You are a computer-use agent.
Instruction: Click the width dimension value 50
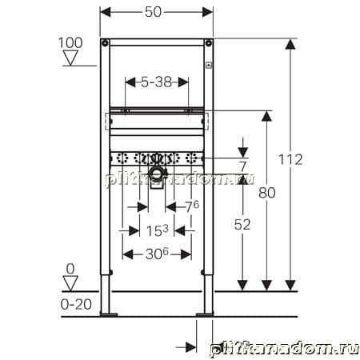point(153,12)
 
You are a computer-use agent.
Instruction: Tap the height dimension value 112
point(290,159)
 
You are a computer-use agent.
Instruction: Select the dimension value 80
point(267,193)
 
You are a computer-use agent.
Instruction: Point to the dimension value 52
point(242,225)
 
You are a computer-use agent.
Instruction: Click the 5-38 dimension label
point(157,82)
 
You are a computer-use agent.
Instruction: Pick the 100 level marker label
point(70,43)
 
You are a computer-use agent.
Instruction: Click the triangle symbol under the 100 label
point(70,58)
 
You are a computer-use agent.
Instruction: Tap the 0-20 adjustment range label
point(76,304)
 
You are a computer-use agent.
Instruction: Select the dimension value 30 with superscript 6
point(157,254)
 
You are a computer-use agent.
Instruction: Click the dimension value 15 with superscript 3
point(158,230)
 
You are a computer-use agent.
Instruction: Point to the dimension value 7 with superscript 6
point(192,206)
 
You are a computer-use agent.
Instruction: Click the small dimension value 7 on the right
point(242,167)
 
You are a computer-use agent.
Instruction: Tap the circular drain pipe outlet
point(156,174)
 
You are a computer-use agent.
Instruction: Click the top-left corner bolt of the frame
point(105,42)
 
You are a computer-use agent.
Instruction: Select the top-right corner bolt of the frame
point(208,42)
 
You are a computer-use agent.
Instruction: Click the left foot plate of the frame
point(109,314)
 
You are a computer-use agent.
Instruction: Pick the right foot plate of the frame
point(205,314)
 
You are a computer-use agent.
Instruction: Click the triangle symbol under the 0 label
point(70,283)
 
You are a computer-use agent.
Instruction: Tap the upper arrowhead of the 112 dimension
point(290,44)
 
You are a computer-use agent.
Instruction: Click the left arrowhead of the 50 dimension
point(106,12)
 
